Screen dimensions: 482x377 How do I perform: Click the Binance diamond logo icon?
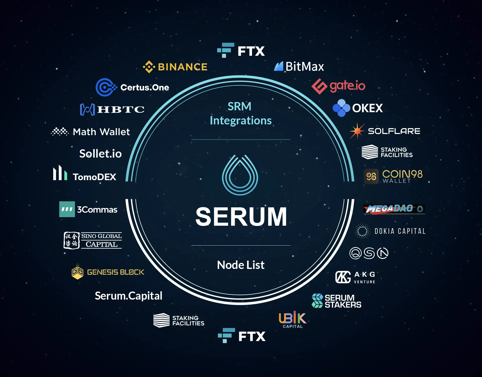pyautogui.click(x=149, y=67)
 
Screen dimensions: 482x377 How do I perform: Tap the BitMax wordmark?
pyautogui.click(x=305, y=67)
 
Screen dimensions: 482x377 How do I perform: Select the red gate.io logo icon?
pyautogui.click(x=319, y=86)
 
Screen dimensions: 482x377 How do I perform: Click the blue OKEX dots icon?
pyautogui.click(x=341, y=108)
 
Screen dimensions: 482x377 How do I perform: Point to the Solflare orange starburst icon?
pyautogui.click(x=357, y=131)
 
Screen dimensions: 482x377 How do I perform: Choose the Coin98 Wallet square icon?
pyautogui.click(x=371, y=176)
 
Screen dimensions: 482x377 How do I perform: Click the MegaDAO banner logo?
pyautogui.click(x=394, y=209)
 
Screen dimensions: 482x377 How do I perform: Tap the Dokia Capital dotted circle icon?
pyautogui.click(x=362, y=231)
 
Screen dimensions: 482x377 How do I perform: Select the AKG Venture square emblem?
pyautogui.click(x=343, y=277)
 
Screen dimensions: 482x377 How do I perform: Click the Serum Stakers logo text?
pyautogui.click(x=343, y=301)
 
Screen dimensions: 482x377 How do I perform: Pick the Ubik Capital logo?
pyautogui.click(x=292, y=320)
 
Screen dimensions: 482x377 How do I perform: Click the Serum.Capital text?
pyautogui.click(x=129, y=296)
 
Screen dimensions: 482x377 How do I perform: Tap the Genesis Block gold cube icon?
pyautogui.click(x=78, y=272)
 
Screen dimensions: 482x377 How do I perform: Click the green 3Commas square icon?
pyautogui.click(x=67, y=209)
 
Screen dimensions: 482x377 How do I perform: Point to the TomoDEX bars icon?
pyautogui.click(x=60, y=173)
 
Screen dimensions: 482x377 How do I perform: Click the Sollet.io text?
pyautogui.click(x=100, y=154)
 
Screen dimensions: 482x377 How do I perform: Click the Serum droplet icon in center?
pyautogui.click(x=240, y=175)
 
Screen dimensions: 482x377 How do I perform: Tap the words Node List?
pyautogui.click(x=241, y=265)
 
